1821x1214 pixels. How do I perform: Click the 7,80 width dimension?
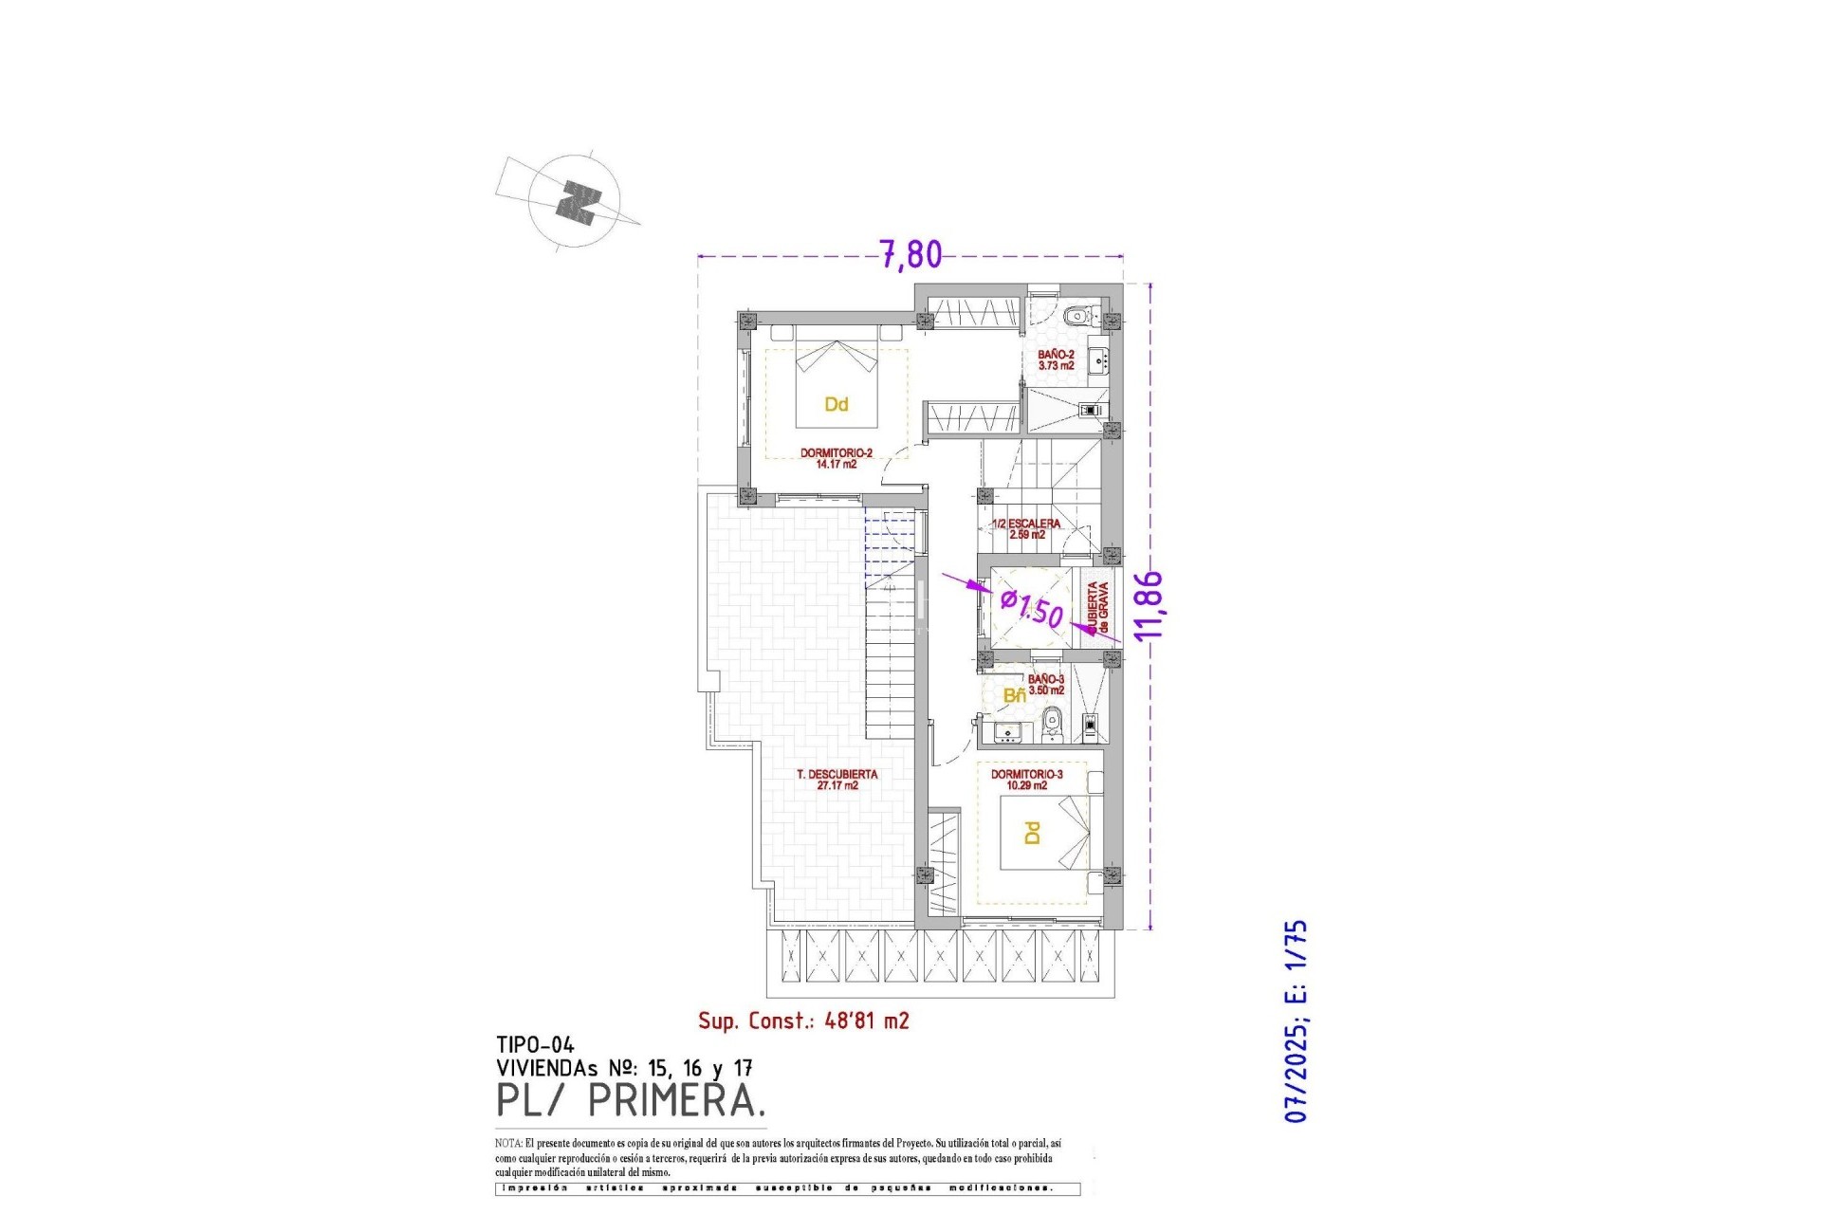click(x=910, y=254)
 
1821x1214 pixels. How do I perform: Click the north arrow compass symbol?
click(x=576, y=202)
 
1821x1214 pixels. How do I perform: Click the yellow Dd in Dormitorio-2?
click(x=836, y=405)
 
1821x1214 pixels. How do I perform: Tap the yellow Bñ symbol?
click(x=1014, y=696)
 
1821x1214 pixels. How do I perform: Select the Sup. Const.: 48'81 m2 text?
click(x=803, y=1021)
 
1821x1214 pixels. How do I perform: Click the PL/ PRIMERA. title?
click(x=631, y=1101)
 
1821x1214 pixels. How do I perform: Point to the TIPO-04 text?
click(x=535, y=1045)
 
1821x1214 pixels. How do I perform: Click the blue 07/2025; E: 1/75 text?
click(x=1296, y=1021)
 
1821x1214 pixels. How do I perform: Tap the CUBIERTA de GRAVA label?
click(x=1097, y=608)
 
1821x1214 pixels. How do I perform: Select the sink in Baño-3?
click(x=1006, y=731)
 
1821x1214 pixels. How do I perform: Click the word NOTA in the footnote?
click(x=506, y=1144)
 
